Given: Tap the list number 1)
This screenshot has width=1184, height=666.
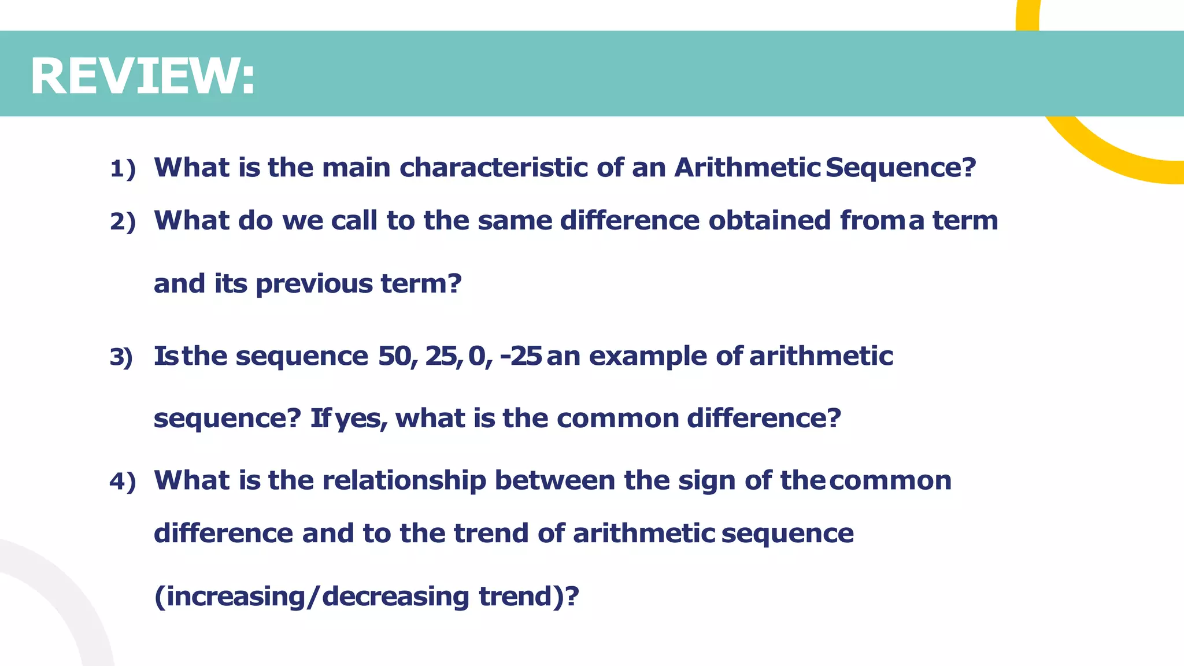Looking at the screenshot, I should pyautogui.click(x=123, y=169).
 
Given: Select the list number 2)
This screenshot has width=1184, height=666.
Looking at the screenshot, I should pyautogui.click(x=123, y=222).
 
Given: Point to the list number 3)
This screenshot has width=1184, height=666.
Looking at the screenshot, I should pyautogui.click(x=121, y=357).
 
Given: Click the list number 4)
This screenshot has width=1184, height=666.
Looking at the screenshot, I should pyautogui.click(x=123, y=482).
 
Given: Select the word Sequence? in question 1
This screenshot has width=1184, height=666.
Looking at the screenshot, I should pyautogui.click(x=901, y=168).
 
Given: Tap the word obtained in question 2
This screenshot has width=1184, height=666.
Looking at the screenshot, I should pyautogui.click(x=769, y=220).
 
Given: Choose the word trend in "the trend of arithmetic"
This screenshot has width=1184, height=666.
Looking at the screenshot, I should pyautogui.click(x=491, y=533).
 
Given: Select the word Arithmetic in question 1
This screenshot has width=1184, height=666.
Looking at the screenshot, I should pyautogui.click(x=747, y=168).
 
